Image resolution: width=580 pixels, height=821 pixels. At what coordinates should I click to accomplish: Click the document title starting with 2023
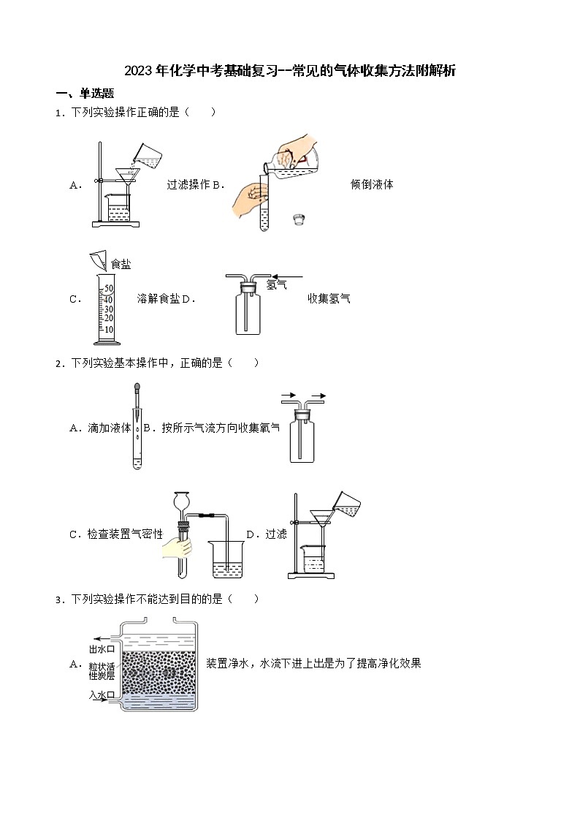tap(290, 71)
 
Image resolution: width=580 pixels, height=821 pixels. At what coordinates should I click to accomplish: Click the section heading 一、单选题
tap(85, 94)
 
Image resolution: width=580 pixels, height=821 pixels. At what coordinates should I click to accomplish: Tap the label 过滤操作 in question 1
tap(188, 185)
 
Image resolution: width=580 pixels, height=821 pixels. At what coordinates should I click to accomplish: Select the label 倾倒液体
tap(372, 185)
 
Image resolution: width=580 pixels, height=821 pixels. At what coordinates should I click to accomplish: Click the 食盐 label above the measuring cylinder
tap(121, 264)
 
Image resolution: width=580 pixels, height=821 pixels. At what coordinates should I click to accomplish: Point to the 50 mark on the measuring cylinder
tap(108, 289)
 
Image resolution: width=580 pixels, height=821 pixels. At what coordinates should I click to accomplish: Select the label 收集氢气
tap(329, 298)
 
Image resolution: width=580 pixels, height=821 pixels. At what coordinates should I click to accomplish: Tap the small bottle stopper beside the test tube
tap(297, 218)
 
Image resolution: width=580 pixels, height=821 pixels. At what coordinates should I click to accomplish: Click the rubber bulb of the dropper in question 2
tap(137, 389)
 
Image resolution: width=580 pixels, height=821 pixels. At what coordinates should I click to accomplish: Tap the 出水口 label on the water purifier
tap(102, 648)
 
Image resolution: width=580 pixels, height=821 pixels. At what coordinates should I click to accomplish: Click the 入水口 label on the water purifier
tap(102, 695)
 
